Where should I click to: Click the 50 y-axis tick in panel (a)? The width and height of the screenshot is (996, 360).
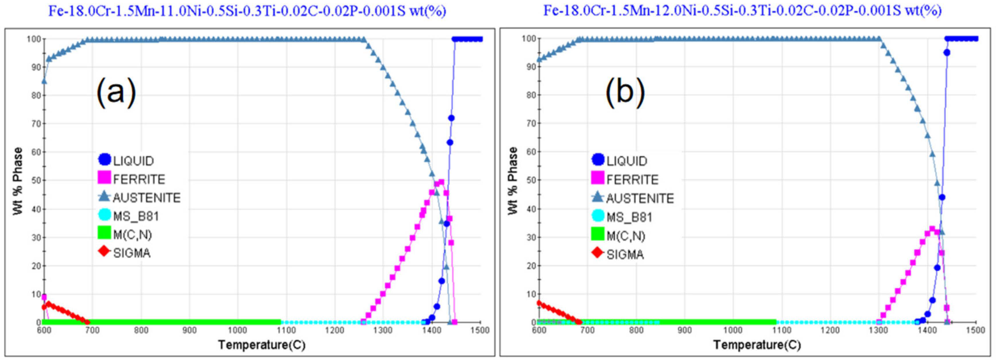36,180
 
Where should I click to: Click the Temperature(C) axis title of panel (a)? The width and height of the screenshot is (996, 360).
262,344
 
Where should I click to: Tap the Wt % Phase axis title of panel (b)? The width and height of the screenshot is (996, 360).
513,181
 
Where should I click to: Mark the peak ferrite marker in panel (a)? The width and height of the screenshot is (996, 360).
441,182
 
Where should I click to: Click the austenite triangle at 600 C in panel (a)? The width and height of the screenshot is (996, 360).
44,81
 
